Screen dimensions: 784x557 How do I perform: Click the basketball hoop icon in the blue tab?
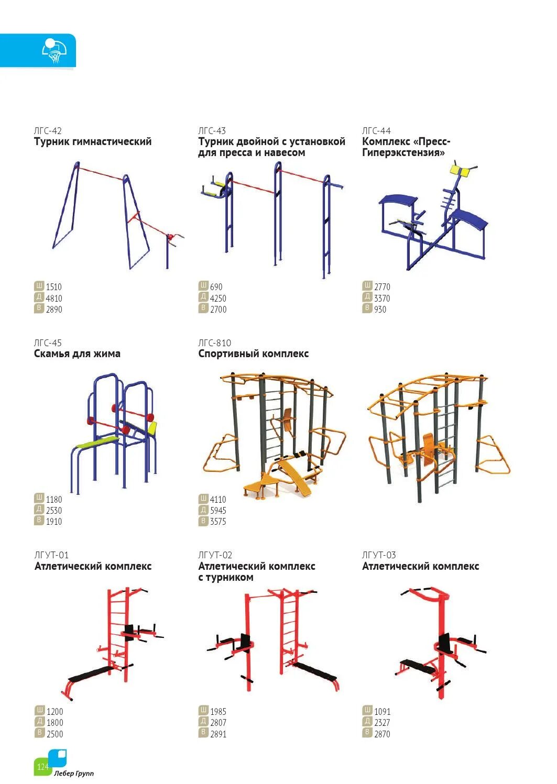tap(54, 51)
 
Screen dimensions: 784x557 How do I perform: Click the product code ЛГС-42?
tap(48, 131)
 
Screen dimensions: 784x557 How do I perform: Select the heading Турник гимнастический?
tap(93, 142)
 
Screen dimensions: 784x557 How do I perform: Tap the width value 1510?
tap(53, 287)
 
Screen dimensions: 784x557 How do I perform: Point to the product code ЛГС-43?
tap(212, 131)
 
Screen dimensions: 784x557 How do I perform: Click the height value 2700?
tap(218, 310)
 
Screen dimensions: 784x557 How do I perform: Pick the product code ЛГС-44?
tap(376, 131)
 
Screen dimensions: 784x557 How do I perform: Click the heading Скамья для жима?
tap(77, 354)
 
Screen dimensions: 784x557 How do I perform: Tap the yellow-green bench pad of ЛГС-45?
tap(98, 444)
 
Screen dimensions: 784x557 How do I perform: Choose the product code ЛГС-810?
tap(214, 343)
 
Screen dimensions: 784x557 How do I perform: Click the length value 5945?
tap(218, 511)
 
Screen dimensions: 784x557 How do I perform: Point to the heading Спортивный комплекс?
tap(253, 354)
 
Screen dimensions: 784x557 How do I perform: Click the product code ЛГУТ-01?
tap(51, 555)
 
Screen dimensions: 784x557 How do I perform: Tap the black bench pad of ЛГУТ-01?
tap(90, 673)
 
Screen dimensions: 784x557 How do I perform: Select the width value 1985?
tap(218, 712)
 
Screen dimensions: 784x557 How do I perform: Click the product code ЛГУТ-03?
tap(379, 555)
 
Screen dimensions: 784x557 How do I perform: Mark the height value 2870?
tap(382, 734)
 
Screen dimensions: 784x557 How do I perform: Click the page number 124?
tap(42, 767)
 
